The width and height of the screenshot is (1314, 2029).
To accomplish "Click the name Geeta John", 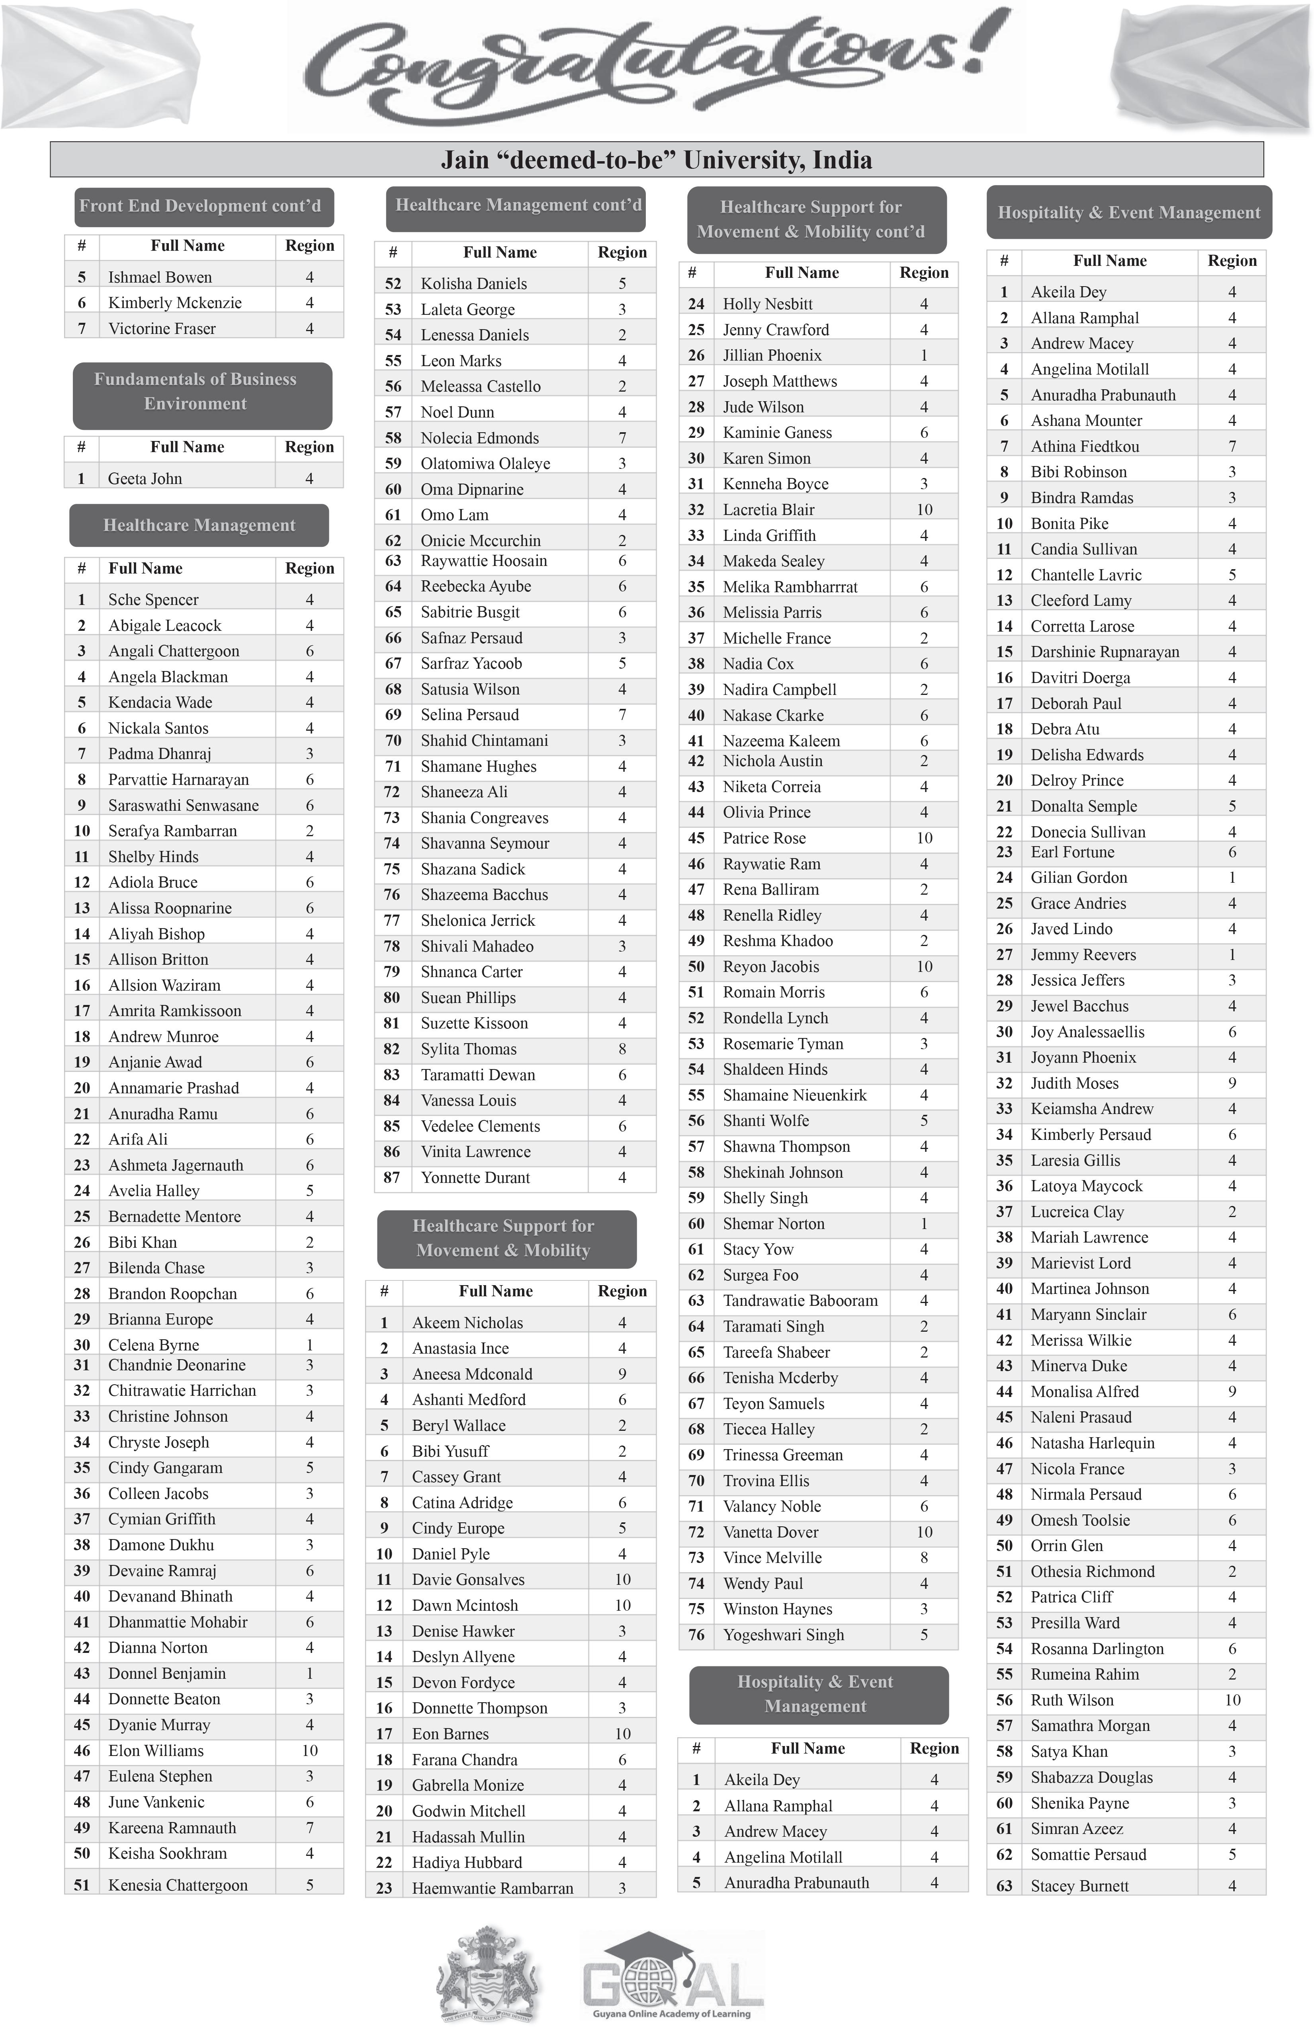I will pos(145,478).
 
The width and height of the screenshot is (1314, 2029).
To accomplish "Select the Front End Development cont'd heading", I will pos(200,205).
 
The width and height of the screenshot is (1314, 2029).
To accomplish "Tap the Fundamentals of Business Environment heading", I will pos(195,391).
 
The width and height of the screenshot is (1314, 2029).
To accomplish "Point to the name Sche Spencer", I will pos(153,599).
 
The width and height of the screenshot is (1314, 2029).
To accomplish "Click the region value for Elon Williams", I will pos(309,1750).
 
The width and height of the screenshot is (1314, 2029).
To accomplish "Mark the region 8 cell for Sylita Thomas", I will pos(622,1049).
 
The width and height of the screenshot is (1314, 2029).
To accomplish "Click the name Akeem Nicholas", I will pos(467,1322).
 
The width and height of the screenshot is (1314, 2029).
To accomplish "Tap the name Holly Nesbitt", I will pos(767,304).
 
